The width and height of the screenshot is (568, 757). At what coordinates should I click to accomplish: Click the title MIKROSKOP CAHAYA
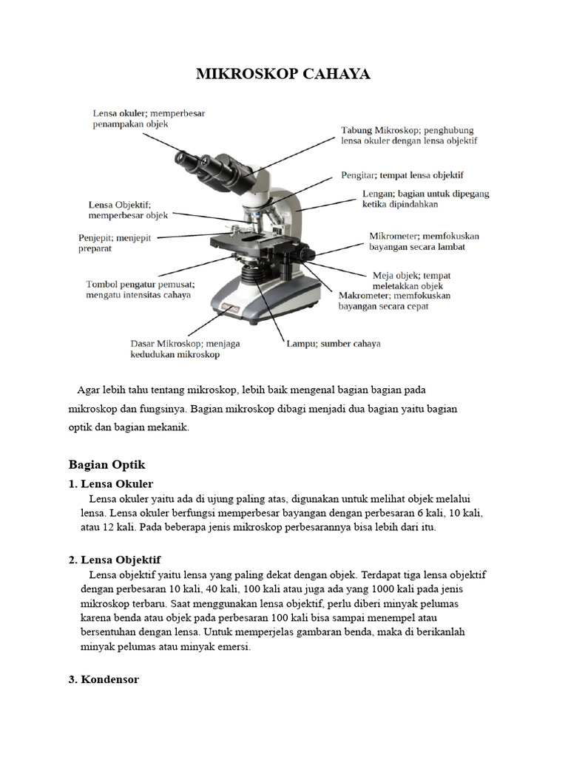tap(283, 74)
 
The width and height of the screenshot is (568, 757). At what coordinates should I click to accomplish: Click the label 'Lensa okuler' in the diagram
tap(149, 119)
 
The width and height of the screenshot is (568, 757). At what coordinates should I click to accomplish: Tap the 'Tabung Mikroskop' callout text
tap(408, 135)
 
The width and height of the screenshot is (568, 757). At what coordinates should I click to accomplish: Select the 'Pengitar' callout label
tap(402, 175)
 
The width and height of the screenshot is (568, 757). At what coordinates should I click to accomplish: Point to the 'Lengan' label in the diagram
tap(425, 199)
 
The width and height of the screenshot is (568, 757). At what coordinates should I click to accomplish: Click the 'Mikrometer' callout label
tap(424, 242)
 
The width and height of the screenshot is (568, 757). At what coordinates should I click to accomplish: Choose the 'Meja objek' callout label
tap(411, 280)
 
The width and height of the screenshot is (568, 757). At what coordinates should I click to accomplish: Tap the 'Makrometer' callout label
tap(394, 300)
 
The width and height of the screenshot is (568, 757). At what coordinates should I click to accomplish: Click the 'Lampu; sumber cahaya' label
tap(333, 344)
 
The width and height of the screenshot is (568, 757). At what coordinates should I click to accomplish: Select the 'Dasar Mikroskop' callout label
tap(185, 349)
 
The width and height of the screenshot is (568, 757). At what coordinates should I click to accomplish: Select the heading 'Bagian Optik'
tap(106, 464)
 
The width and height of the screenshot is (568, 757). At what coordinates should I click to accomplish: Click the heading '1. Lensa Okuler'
tap(110, 483)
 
